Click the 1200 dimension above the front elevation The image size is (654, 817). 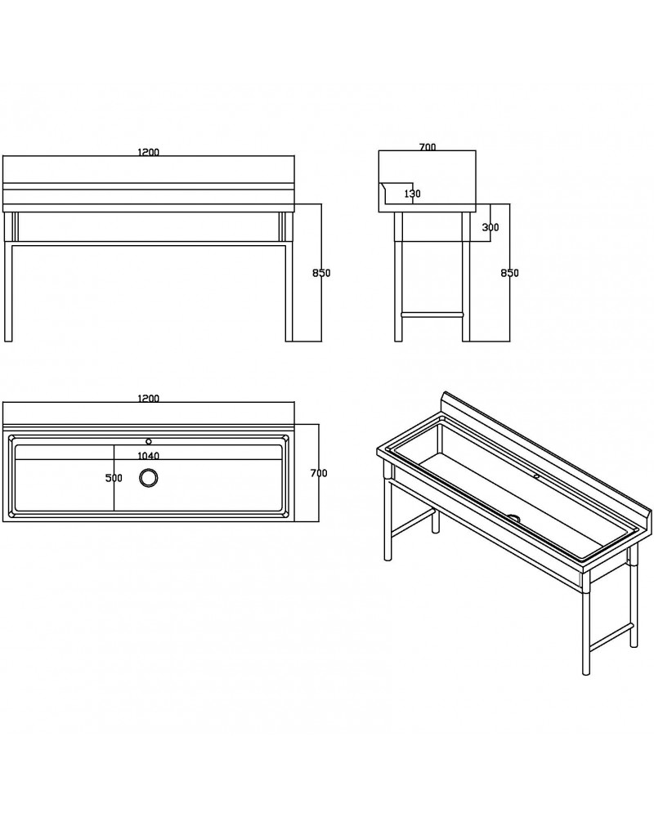(148, 152)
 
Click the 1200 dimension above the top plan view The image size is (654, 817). (148, 399)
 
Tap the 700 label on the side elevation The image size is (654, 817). (427, 147)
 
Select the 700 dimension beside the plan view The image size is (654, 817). (319, 473)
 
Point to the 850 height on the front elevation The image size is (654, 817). (321, 273)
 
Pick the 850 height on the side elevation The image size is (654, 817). (509, 273)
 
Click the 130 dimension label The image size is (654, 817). (413, 194)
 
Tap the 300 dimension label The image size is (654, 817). (490, 227)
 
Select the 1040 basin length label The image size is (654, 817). (148, 456)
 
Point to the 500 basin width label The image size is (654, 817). (114, 478)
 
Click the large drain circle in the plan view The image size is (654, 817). (149, 478)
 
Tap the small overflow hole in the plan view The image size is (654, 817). (149, 441)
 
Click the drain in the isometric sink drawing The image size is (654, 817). (513, 517)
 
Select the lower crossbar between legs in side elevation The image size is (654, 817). (432, 315)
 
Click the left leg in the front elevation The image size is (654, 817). (8, 277)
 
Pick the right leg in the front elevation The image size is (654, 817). (289, 277)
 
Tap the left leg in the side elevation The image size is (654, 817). (398, 277)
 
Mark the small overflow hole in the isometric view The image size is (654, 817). (536, 476)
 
